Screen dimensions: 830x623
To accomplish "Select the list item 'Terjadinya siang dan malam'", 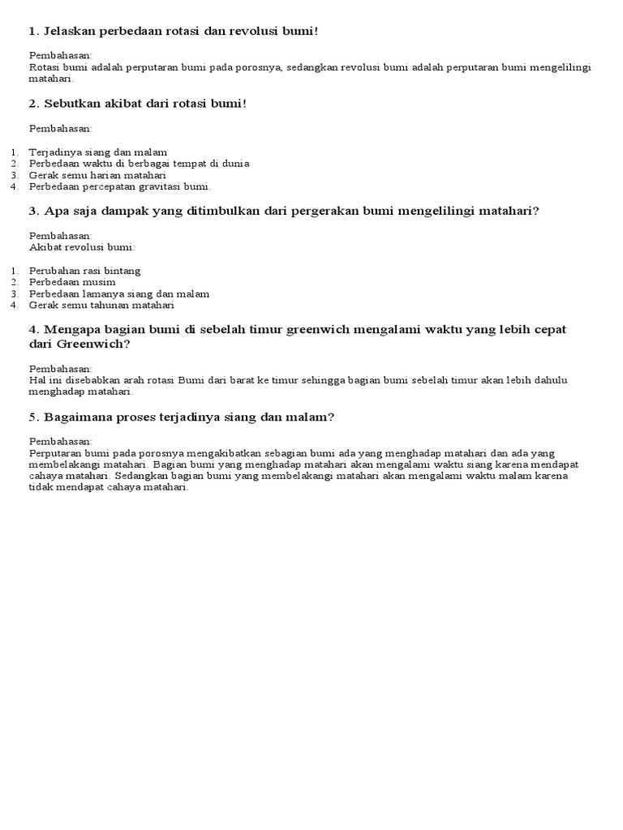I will tap(98, 152).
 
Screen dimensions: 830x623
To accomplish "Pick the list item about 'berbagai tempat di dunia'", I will tap(139, 163).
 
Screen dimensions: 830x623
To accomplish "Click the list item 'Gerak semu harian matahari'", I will tap(97, 174).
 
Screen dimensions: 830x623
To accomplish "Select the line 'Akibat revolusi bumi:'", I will tap(82, 246).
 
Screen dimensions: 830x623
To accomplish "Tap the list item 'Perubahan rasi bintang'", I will tap(84, 270).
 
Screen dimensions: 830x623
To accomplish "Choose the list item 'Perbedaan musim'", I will tap(72, 281).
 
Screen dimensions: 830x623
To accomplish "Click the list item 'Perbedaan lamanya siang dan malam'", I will tap(119, 293).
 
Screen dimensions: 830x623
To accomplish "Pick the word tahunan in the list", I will tap(114, 305).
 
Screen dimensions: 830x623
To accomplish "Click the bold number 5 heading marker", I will tap(33, 417).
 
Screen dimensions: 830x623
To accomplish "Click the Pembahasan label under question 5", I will tap(60, 441).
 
